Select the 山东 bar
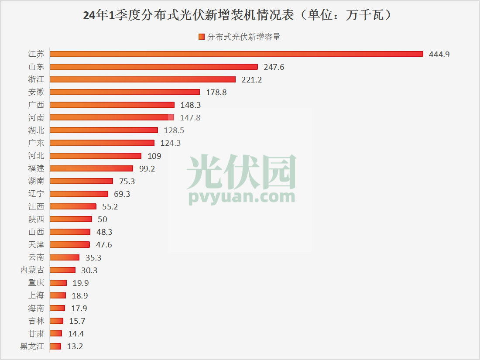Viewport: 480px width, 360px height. click(154, 67)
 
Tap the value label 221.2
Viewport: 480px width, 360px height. click(252, 80)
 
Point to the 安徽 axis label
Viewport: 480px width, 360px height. click(36, 92)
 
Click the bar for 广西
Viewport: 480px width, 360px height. click(112, 105)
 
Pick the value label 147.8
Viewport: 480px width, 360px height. click(190, 118)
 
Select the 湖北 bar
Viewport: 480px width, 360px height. click(104, 130)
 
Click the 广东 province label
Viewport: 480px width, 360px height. click(36, 143)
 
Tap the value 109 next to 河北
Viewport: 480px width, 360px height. click(154, 156)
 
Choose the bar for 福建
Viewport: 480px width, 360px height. click(91, 168)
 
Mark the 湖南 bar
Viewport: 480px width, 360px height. click(81, 181)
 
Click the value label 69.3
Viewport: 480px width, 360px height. click(122, 194)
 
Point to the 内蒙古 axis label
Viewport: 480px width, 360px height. click(32, 270)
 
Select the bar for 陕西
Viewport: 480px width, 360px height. click(71, 219)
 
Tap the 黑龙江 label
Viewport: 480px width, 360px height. click(32, 346)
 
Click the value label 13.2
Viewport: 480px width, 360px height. click(75, 347)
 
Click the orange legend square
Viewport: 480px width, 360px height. click(201, 37)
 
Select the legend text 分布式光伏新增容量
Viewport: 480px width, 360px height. click(243, 37)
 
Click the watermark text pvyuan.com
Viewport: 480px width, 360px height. click(242, 197)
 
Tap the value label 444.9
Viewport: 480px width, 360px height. click(439, 55)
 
